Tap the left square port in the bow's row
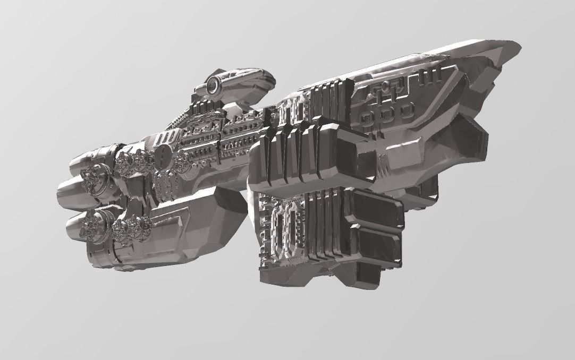pos(366,116)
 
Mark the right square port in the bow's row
pos(407,110)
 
